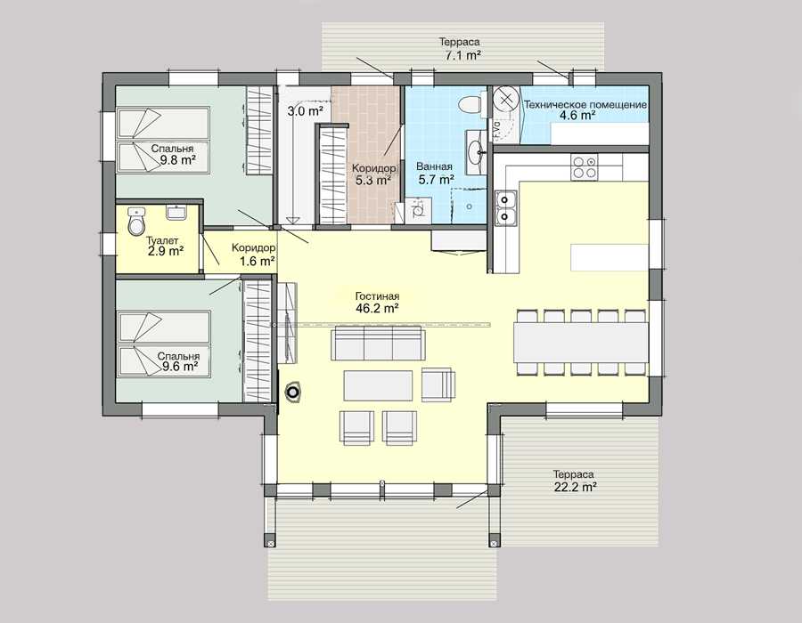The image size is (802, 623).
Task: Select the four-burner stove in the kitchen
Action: (584, 167)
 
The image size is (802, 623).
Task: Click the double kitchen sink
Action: (505, 208)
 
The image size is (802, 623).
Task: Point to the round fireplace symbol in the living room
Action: (293, 392)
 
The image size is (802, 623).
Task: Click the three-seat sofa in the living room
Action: (378, 344)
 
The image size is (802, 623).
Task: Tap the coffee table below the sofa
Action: (378, 385)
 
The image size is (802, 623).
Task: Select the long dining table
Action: (581, 342)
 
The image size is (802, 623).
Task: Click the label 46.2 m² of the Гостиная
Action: (377, 308)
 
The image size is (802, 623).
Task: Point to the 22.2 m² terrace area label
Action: (575, 487)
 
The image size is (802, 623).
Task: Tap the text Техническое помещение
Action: (585, 105)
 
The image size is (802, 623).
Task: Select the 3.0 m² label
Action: (305, 111)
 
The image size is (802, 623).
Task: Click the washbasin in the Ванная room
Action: (477, 147)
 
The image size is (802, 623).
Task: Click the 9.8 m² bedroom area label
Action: (176, 159)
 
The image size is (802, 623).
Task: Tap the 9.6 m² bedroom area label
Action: (181, 366)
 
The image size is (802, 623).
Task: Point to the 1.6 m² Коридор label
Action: (258, 261)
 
